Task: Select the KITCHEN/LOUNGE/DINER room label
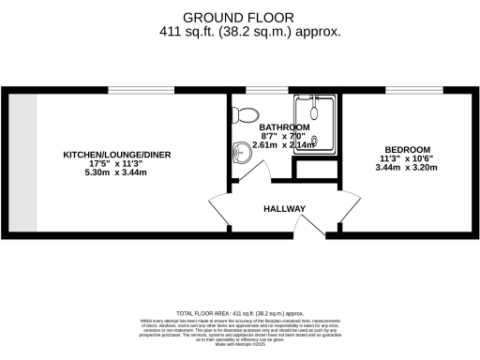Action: pos(117,155)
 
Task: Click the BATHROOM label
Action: pos(284,127)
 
